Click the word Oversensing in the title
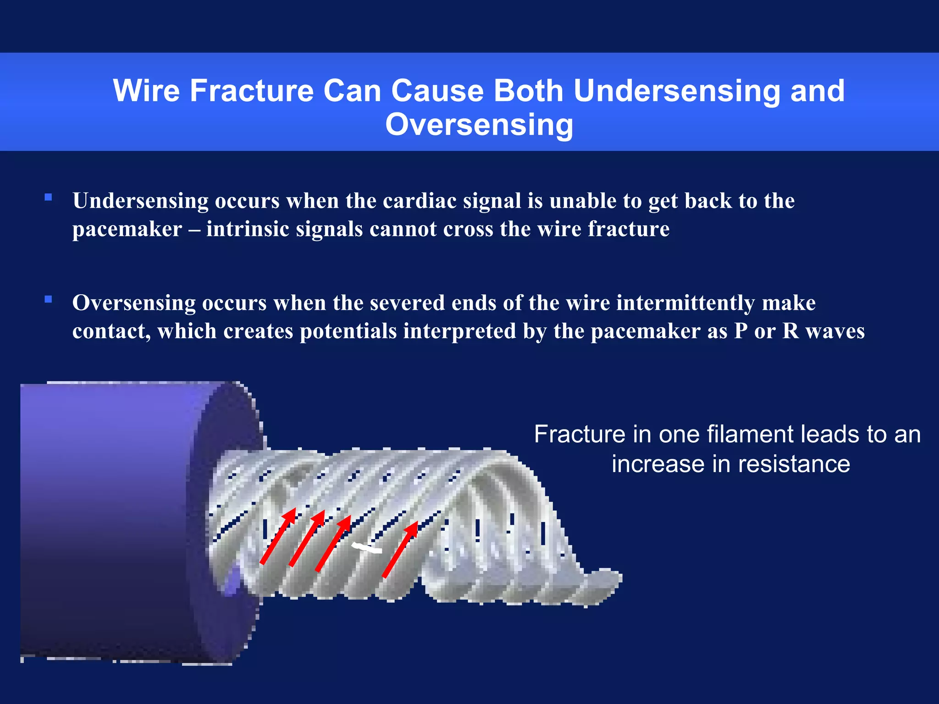click(x=479, y=125)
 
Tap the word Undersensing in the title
click(x=676, y=90)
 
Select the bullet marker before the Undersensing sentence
click(x=48, y=198)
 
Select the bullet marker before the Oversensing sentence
click(x=48, y=300)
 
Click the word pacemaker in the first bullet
click(x=127, y=229)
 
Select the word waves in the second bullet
click(x=835, y=331)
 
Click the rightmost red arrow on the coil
click(x=400, y=549)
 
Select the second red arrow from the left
click(x=307, y=538)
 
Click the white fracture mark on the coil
click(x=367, y=547)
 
